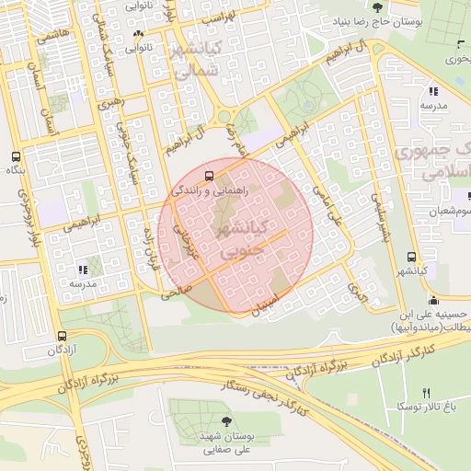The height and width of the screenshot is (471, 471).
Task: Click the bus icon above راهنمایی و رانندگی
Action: (209, 175)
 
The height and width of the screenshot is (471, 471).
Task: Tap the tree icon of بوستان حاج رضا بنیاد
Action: (377, 8)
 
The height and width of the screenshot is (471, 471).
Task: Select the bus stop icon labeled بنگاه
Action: (15, 156)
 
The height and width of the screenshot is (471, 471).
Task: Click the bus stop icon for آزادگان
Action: (62, 337)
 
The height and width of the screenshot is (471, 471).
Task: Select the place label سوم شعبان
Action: (449, 213)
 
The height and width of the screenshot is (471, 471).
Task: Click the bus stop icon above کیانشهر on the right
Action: (410, 258)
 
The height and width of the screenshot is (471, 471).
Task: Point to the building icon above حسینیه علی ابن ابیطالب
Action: (433, 299)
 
